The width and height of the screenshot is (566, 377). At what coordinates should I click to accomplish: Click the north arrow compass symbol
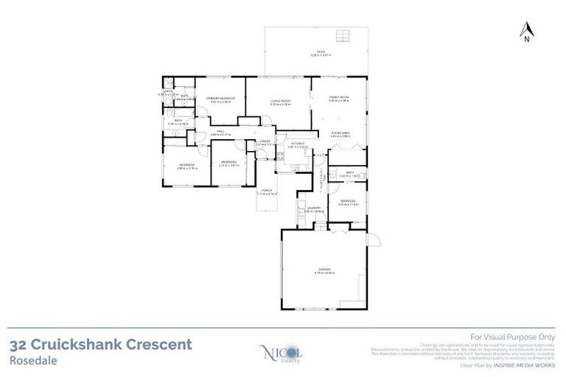[526, 32]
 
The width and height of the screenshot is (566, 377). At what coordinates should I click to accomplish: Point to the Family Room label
[339, 98]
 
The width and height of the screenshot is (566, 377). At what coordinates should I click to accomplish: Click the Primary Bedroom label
[220, 99]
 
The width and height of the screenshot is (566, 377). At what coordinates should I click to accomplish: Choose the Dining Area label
[339, 134]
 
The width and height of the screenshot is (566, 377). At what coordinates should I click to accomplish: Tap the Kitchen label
[297, 144]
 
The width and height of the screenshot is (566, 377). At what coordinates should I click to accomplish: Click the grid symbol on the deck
[343, 36]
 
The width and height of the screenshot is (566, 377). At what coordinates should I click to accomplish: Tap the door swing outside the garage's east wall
[374, 239]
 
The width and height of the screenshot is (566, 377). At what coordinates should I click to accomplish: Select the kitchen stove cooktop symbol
[281, 156]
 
